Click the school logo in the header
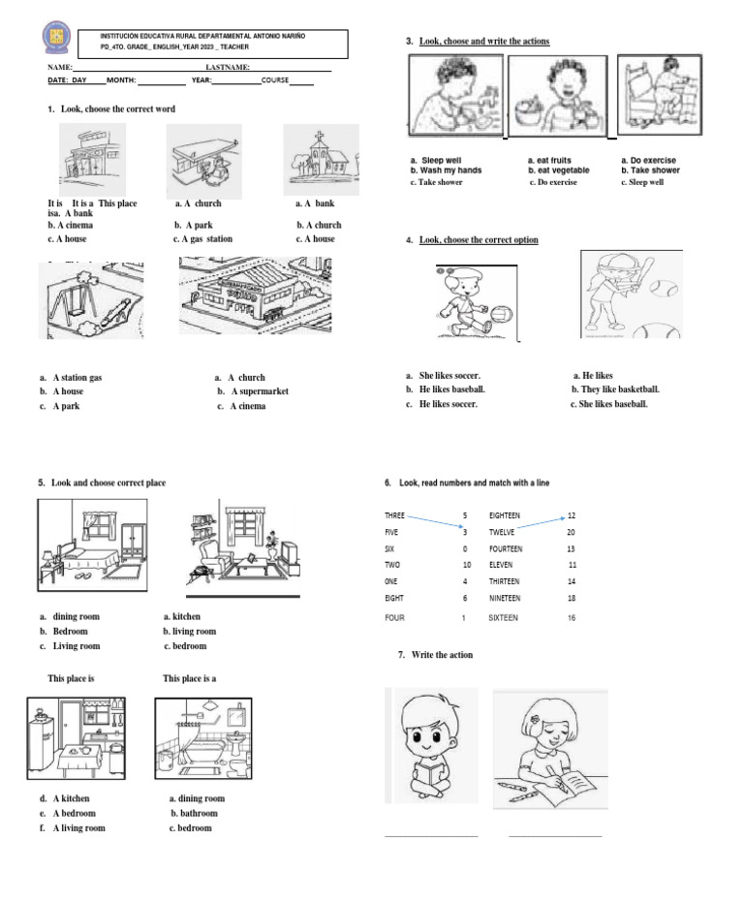coord(57,38)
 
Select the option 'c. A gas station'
coord(202,238)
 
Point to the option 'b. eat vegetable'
coord(558,171)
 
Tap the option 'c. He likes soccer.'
coord(442,404)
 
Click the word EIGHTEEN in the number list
coord(505,515)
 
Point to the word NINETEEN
coord(505,598)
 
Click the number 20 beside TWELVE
coord(571,532)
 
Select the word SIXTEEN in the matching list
coord(503,617)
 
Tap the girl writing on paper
coord(542,746)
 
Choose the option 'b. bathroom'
coord(194,814)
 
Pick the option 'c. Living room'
coord(71,646)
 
